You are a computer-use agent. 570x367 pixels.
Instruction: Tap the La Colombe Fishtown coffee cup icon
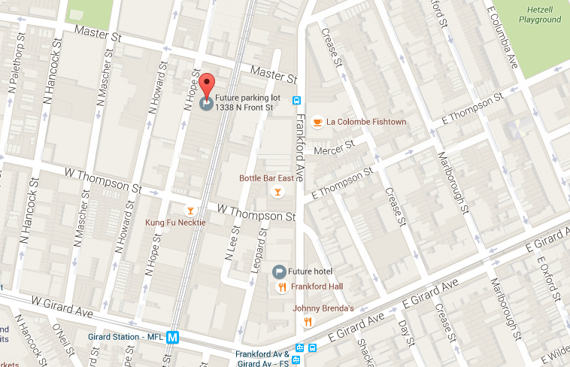[318, 122]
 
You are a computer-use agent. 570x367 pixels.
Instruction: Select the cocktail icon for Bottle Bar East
[277, 193]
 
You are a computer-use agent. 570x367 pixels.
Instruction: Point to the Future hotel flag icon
[277, 271]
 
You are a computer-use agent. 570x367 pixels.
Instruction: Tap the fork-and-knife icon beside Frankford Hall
[281, 287]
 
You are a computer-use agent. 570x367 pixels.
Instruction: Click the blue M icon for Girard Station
[174, 338]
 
